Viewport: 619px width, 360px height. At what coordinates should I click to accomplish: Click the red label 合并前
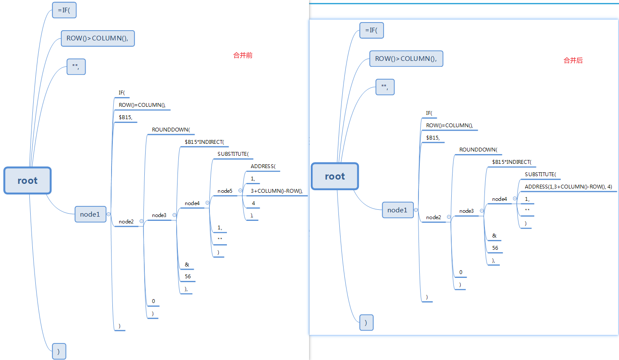pos(243,55)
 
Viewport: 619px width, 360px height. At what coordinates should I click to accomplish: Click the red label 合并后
pos(573,60)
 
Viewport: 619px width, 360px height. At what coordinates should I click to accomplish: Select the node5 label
pos(225,191)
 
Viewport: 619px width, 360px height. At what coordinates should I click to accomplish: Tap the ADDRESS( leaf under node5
pos(263,166)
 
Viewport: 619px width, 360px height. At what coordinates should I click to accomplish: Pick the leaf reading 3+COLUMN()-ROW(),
pos(276,191)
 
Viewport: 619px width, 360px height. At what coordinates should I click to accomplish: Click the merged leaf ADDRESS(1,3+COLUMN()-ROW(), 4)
pos(568,187)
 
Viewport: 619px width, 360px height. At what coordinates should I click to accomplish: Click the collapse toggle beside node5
pos(240,191)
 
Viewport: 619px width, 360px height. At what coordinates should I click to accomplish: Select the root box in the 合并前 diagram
pos(28,180)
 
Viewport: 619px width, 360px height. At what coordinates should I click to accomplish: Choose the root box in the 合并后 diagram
pos(335,176)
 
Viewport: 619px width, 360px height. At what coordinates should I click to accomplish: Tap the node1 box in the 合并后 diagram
pos(397,210)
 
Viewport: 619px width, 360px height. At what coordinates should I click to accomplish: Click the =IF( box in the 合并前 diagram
pos(64,10)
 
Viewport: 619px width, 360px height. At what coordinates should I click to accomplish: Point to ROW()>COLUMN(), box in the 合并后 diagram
pos(406,59)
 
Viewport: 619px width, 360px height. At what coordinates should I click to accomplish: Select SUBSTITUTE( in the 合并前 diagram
pos(233,154)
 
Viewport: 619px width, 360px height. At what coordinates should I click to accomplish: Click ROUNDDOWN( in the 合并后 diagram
pos(478,150)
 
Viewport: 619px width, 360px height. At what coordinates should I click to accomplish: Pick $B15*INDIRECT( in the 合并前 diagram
pos(204,142)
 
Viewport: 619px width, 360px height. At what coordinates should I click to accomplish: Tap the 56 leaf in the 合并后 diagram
pos(495,248)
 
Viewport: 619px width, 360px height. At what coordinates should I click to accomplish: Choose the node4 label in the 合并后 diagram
pos(499,199)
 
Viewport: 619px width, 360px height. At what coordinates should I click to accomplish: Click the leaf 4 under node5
pos(253,203)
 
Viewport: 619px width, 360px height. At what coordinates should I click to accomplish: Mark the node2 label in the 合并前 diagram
pos(126,222)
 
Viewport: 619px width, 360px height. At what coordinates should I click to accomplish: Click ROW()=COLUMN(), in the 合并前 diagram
pos(142,105)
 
